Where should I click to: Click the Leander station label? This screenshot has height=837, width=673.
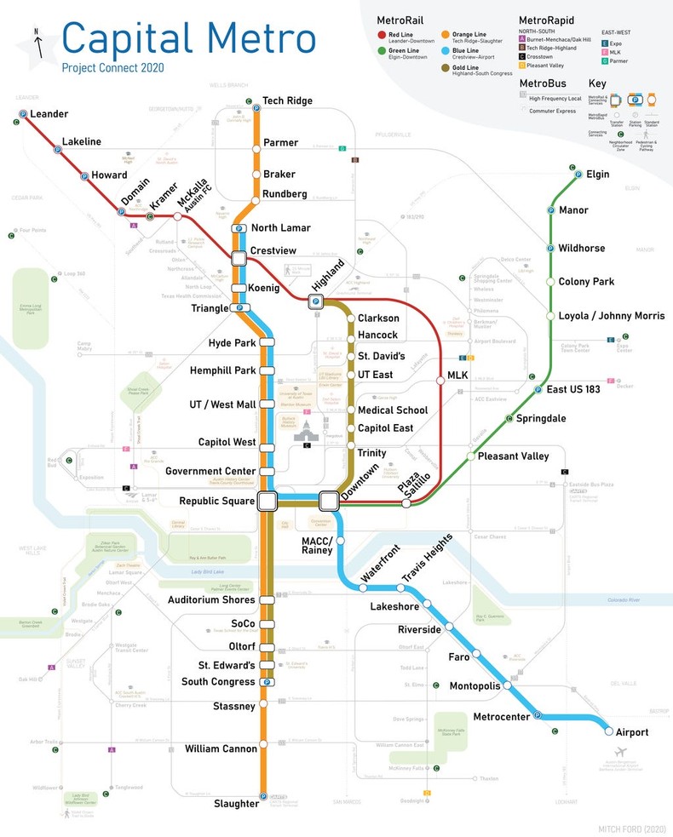[x=49, y=114]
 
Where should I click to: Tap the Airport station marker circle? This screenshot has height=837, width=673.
[x=609, y=731]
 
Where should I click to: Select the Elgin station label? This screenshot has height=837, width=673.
[x=597, y=175]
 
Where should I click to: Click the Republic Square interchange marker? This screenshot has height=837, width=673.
[x=267, y=501]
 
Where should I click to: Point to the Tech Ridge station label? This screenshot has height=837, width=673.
[x=287, y=100]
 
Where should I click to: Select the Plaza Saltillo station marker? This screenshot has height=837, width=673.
[x=406, y=503]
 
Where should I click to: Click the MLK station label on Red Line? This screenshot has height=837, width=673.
[x=457, y=376]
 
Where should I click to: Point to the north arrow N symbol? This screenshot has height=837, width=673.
[x=37, y=33]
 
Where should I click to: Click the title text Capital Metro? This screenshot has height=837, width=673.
[x=188, y=37]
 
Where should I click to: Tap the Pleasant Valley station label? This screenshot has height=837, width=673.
[x=513, y=456]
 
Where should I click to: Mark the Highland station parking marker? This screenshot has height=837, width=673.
[x=315, y=301]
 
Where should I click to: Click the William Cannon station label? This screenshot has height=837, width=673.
[x=221, y=749]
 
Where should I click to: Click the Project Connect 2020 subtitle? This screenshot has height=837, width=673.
[x=112, y=68]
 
